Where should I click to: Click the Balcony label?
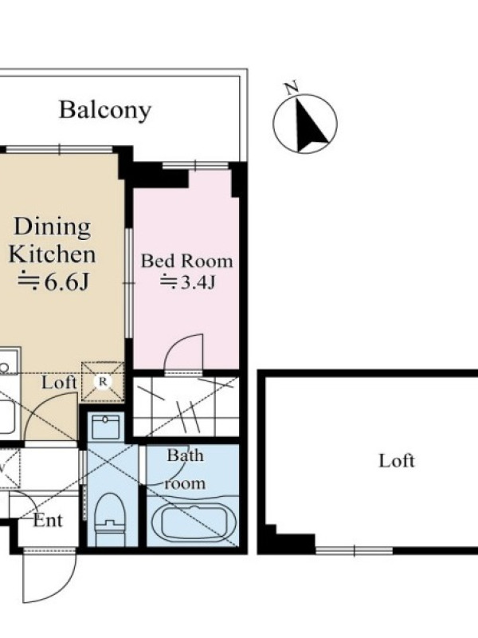(105, 110)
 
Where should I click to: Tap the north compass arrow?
(310, 125)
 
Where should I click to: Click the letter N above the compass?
(291, 88)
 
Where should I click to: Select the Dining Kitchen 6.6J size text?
(53, 282)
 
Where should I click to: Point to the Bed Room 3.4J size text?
(187, 282)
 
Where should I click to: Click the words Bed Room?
(187, 262)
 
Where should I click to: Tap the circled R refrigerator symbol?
(103, 382)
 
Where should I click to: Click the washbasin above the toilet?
(106, 426)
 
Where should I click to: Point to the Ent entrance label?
(48, 521)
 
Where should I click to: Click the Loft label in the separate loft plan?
(397, 461)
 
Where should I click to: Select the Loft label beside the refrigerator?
(59, 383)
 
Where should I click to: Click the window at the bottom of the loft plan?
(354, 551)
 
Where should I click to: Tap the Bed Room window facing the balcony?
(195, 165)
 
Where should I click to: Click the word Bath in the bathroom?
(186, 455)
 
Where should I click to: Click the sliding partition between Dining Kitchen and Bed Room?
(129, 283)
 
